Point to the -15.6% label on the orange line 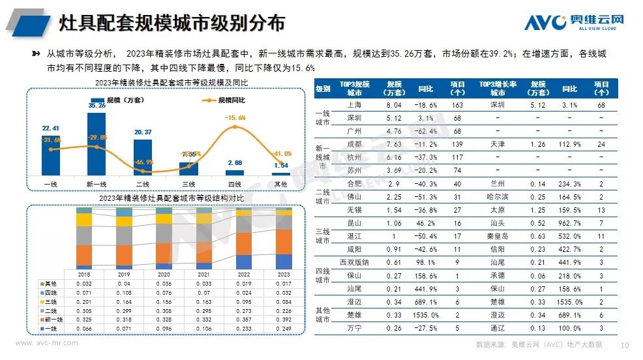pos(236,118)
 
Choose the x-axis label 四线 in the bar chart pos(235,184)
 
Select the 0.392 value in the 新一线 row pos(283,321)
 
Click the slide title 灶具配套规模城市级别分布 pos(172,23)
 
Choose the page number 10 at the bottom pos(624,344)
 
